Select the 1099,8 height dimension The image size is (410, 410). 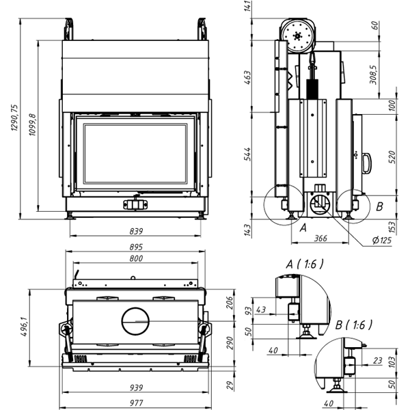32,126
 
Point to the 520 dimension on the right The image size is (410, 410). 392,157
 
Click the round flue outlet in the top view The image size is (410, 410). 135,319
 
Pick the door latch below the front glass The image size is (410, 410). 135,204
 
